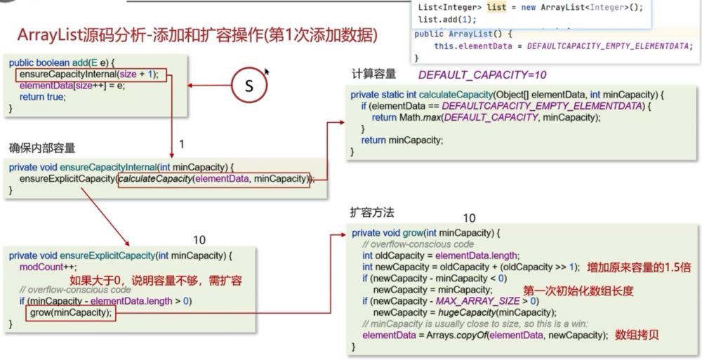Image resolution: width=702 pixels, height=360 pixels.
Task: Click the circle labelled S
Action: point(249,86)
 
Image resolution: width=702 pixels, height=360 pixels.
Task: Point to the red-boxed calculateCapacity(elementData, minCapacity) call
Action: point(213,179)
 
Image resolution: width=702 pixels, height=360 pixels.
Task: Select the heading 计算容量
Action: point(373,74)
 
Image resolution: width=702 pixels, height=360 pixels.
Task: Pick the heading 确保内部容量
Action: point(41,148)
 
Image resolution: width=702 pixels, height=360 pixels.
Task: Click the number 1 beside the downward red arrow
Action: point(182,144)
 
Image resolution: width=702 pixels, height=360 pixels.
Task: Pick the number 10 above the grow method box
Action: point(470,218)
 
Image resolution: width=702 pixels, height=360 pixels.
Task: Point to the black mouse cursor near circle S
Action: point(267,72)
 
